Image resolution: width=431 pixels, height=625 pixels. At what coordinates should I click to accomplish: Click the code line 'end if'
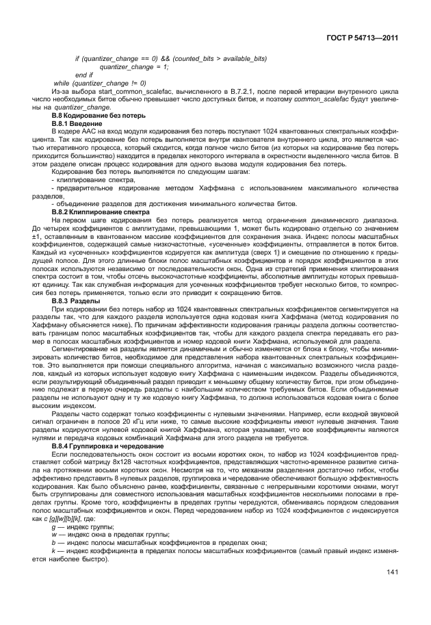click(x=84, y=75)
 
